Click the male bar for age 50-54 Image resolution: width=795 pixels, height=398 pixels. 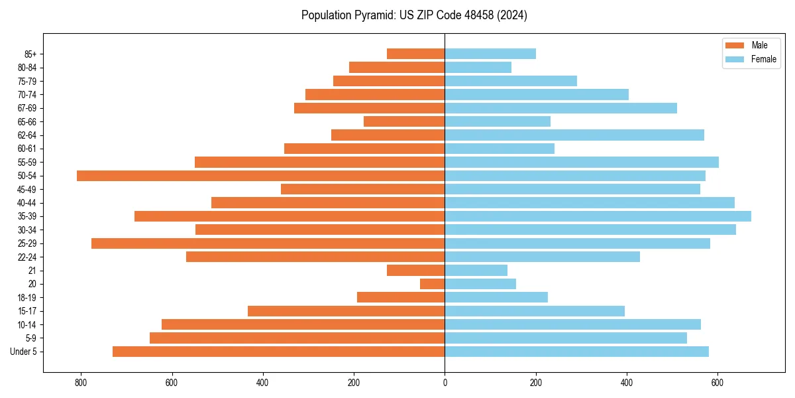coord(260,176)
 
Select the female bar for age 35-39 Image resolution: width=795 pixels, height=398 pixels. coord(598,216)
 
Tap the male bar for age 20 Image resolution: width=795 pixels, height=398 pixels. coord(432,284)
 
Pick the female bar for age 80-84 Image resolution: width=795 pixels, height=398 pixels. coord(478,67)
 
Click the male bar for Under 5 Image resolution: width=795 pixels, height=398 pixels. coord(278,352)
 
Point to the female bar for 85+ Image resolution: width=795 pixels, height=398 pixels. coord(490,54)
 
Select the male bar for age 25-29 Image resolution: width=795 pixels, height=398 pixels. coord(268,243)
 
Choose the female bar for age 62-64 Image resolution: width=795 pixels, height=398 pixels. coord(574,135)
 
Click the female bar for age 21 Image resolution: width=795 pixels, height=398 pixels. coord(476,270)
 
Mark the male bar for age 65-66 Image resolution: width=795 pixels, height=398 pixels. coord(404,121)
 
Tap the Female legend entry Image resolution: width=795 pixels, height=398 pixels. coord(751,59)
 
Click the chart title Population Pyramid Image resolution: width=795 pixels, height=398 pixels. coord(414,15)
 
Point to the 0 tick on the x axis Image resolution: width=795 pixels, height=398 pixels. coord(445,383)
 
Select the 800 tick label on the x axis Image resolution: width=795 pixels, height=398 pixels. coord(81,383)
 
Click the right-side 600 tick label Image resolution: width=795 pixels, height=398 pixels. coord(717,383)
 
